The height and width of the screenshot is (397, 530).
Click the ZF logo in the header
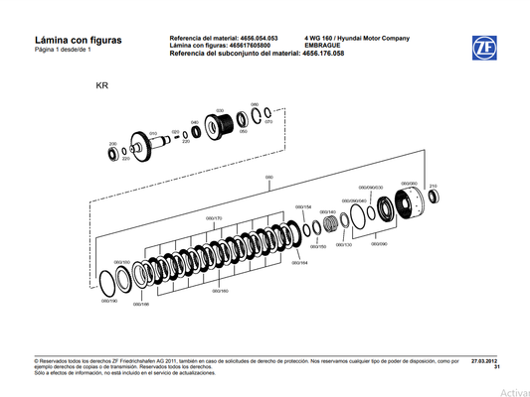[485, 46]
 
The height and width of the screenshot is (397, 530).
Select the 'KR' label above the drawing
[101, 86]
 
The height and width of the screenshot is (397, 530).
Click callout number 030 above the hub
[219, 110]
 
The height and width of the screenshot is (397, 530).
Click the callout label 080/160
[218, 291]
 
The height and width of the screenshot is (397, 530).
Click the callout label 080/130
[342, 243]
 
